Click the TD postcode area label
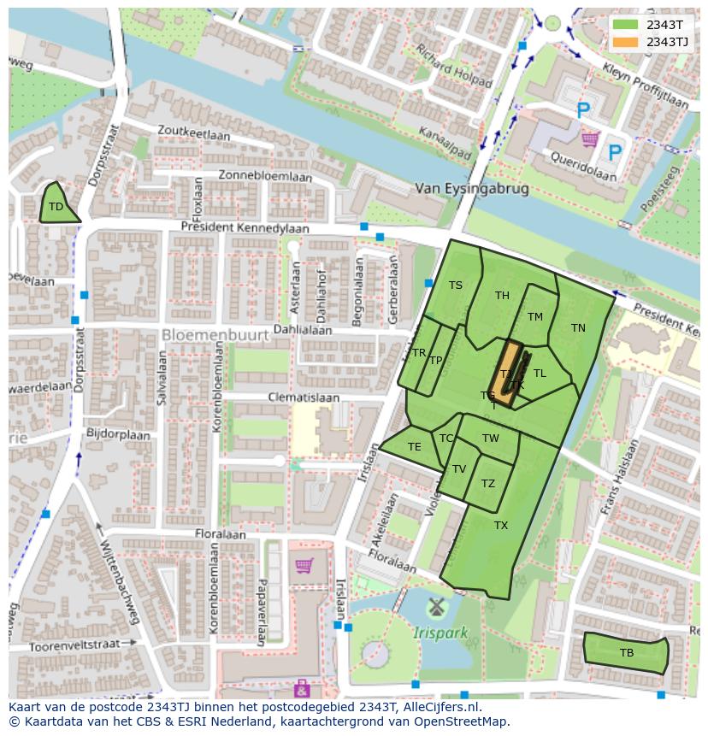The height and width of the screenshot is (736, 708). point(56,207)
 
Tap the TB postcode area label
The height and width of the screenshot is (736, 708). point(627,653)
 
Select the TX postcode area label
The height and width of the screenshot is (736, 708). point(501,526)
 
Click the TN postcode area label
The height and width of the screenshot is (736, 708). point(578,328)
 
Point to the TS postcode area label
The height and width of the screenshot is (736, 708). point(456,286)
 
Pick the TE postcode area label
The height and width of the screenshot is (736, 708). point(415,447)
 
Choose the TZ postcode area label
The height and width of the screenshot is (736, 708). point(488,484)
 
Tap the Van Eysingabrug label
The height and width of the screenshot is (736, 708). point(471,189)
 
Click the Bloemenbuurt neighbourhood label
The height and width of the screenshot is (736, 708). point(215,335)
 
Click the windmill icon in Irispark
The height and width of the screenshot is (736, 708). point(437,609)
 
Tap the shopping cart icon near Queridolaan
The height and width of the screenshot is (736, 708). point(589,138)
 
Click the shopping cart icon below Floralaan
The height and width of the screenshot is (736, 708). point(304,565)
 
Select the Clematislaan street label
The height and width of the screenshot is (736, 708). point(304,398)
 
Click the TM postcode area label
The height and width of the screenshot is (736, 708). point(535,317)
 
